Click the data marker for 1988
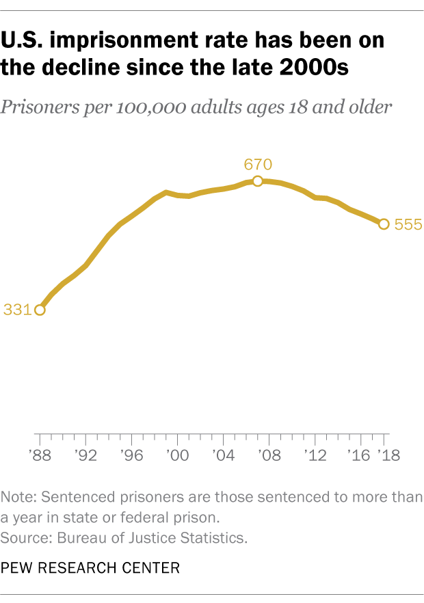40,310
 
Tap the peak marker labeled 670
257,181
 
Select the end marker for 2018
384,224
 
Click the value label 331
16,310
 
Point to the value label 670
258,164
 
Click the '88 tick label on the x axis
39,456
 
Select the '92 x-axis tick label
85,456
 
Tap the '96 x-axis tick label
131,456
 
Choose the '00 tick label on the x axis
177,456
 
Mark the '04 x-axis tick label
223,456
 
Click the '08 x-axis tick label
269,456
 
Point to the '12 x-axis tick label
315,456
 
